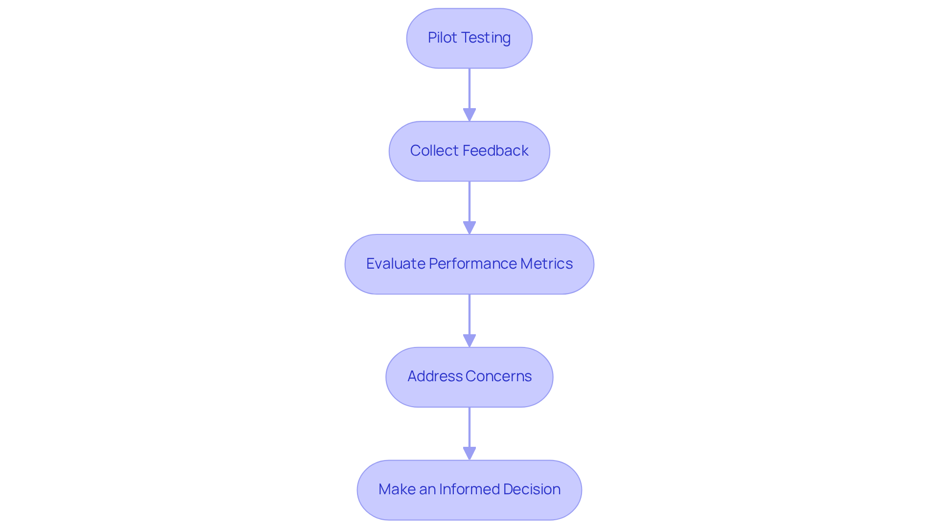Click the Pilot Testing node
(x=469, y=38)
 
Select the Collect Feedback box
(x=469, y=151)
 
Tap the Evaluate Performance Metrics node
(x=469, y=264)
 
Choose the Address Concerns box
(x=469, y=377)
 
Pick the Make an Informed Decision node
(x=469, y=490)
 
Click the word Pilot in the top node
(x=442, y=38)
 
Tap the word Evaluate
(x=395, y=264)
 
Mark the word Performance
(x=472, y=264)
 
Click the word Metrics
(x=546, y=264)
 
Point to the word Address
(x=434, y=376)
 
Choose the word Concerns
(x=498, y=376)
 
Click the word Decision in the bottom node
(x=532, y=489)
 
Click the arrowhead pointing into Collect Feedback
(x=469, y=115)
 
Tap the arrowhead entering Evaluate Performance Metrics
(x=469, y=228)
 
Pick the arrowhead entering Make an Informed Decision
(x=469, y=454)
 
